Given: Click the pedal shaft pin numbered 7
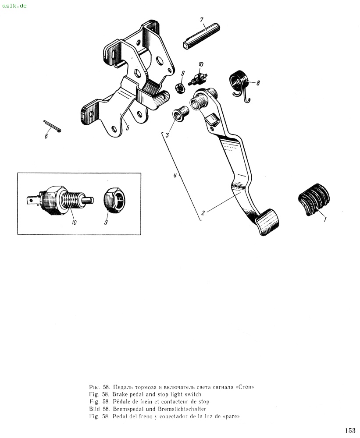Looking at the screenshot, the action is tap(201, 37).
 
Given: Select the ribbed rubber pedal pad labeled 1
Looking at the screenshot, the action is tap(314, 199).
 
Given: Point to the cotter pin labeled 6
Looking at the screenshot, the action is tap(52, 126).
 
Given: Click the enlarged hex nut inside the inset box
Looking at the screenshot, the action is tap(115, 201).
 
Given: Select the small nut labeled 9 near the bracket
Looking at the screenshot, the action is tap(180, 89).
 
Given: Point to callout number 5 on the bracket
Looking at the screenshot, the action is tap(128, 128).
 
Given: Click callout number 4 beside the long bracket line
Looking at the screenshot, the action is tap(175, 176).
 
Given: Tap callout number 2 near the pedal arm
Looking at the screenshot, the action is tap(203, 212).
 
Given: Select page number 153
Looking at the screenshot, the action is tap(350, 430).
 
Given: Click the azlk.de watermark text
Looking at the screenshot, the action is tap(14, 5).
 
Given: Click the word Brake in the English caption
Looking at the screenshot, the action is tap(120, 395).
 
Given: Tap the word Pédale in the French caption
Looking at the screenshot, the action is tap(122, 402).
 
